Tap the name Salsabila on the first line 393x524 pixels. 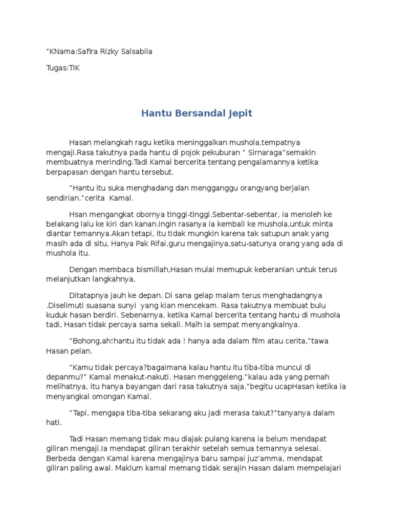pos(134,51)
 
